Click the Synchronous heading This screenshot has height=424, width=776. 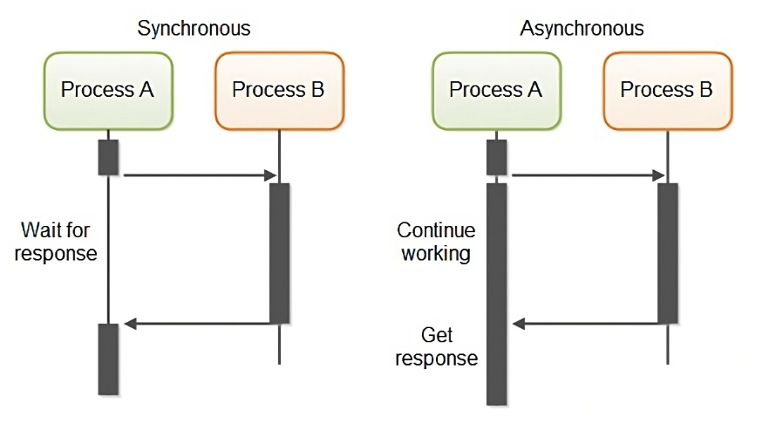pyautogui.click(x=194, y=28)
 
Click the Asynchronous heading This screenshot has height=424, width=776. pyautogui.click(x=582, y=28)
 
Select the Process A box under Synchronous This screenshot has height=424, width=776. pyautogui.click(x=107, y=90)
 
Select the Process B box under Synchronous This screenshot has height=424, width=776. pyautogui.click(x=278, y=90)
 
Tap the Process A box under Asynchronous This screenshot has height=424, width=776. pyautogui.click(x=495, y=90)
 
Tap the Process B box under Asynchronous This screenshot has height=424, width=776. pyautogui.click(x=667, y=90)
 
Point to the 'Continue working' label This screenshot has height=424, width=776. pyautogui.click(x=436, y=242)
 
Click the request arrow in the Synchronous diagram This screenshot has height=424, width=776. pyautogui.click(x=200, y=176)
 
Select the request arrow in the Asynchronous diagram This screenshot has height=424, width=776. pyautogui.click(x=588, y=176)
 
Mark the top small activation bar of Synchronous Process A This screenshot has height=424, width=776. pyautogui.click(x=108, y=157)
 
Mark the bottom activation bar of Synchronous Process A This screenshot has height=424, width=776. pyautogui.click(x=108, y=359)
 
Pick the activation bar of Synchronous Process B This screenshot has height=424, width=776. pyautogui.click(x=279, y=253)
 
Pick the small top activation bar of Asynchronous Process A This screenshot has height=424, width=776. pyautogui.click(x=496, y=157)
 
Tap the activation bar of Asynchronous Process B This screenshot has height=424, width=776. pyautogui.click(x=667, y=253)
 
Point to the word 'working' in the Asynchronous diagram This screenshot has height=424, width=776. pyautogui.click(x=436, y=254)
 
